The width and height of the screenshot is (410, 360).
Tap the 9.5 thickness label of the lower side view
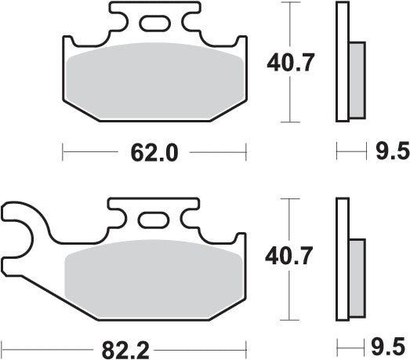[390, 346]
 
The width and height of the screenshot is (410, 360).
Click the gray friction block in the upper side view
[357, 78]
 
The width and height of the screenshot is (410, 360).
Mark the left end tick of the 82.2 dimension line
[3, 345]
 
